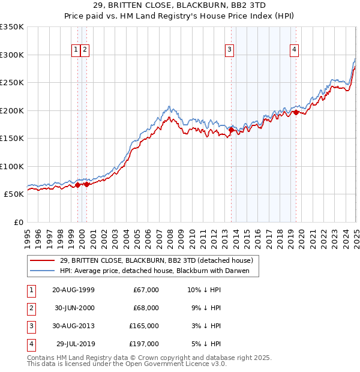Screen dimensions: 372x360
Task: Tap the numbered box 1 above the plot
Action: (x=76, y=50)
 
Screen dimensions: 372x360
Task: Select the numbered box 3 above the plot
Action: (x=229, y=50)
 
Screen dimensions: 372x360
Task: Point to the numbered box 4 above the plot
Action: (x=295, y=50)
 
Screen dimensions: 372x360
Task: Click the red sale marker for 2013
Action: (x=232, y=129)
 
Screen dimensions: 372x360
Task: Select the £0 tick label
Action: (x=17, y=222)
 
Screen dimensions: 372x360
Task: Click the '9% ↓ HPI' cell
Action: (x=204, y=308)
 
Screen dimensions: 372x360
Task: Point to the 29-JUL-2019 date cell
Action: (x=75, y=344)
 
